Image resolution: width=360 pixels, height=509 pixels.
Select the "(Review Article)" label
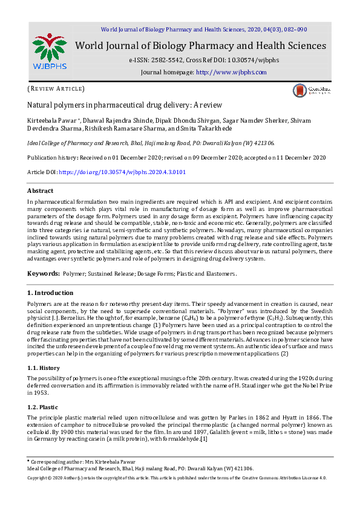tap(56, 89)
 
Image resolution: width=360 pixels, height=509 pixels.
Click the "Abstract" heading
tap(41, 191)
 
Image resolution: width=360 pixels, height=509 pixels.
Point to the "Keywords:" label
tap(43, 274)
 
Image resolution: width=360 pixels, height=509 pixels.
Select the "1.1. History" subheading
tap(44, 368)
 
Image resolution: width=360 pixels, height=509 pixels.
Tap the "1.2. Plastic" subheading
tap(44, 407)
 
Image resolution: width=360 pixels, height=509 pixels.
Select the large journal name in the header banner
tap(200, 46)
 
